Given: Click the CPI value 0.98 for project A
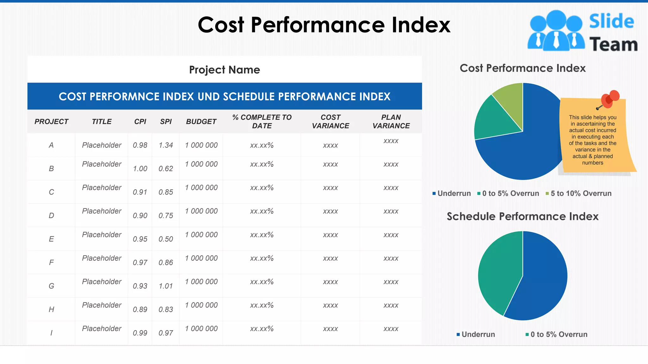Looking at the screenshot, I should [140, 145].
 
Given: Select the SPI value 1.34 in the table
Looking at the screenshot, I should [166, 145].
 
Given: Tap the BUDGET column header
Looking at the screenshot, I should [201, 122].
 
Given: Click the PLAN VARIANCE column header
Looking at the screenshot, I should [391, 122].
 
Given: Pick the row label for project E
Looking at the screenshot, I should [51, 239].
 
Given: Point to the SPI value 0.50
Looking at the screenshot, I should [166, 239].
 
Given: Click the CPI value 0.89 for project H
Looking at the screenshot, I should [140, 309].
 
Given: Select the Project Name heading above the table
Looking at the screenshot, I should [224, 70].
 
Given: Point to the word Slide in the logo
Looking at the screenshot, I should [611, 21].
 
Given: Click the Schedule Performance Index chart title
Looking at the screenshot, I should [522, 216].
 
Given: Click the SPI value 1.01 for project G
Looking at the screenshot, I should [166, 286].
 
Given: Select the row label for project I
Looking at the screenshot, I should [51, 333].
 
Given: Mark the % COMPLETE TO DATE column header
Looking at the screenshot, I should [262, 122].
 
